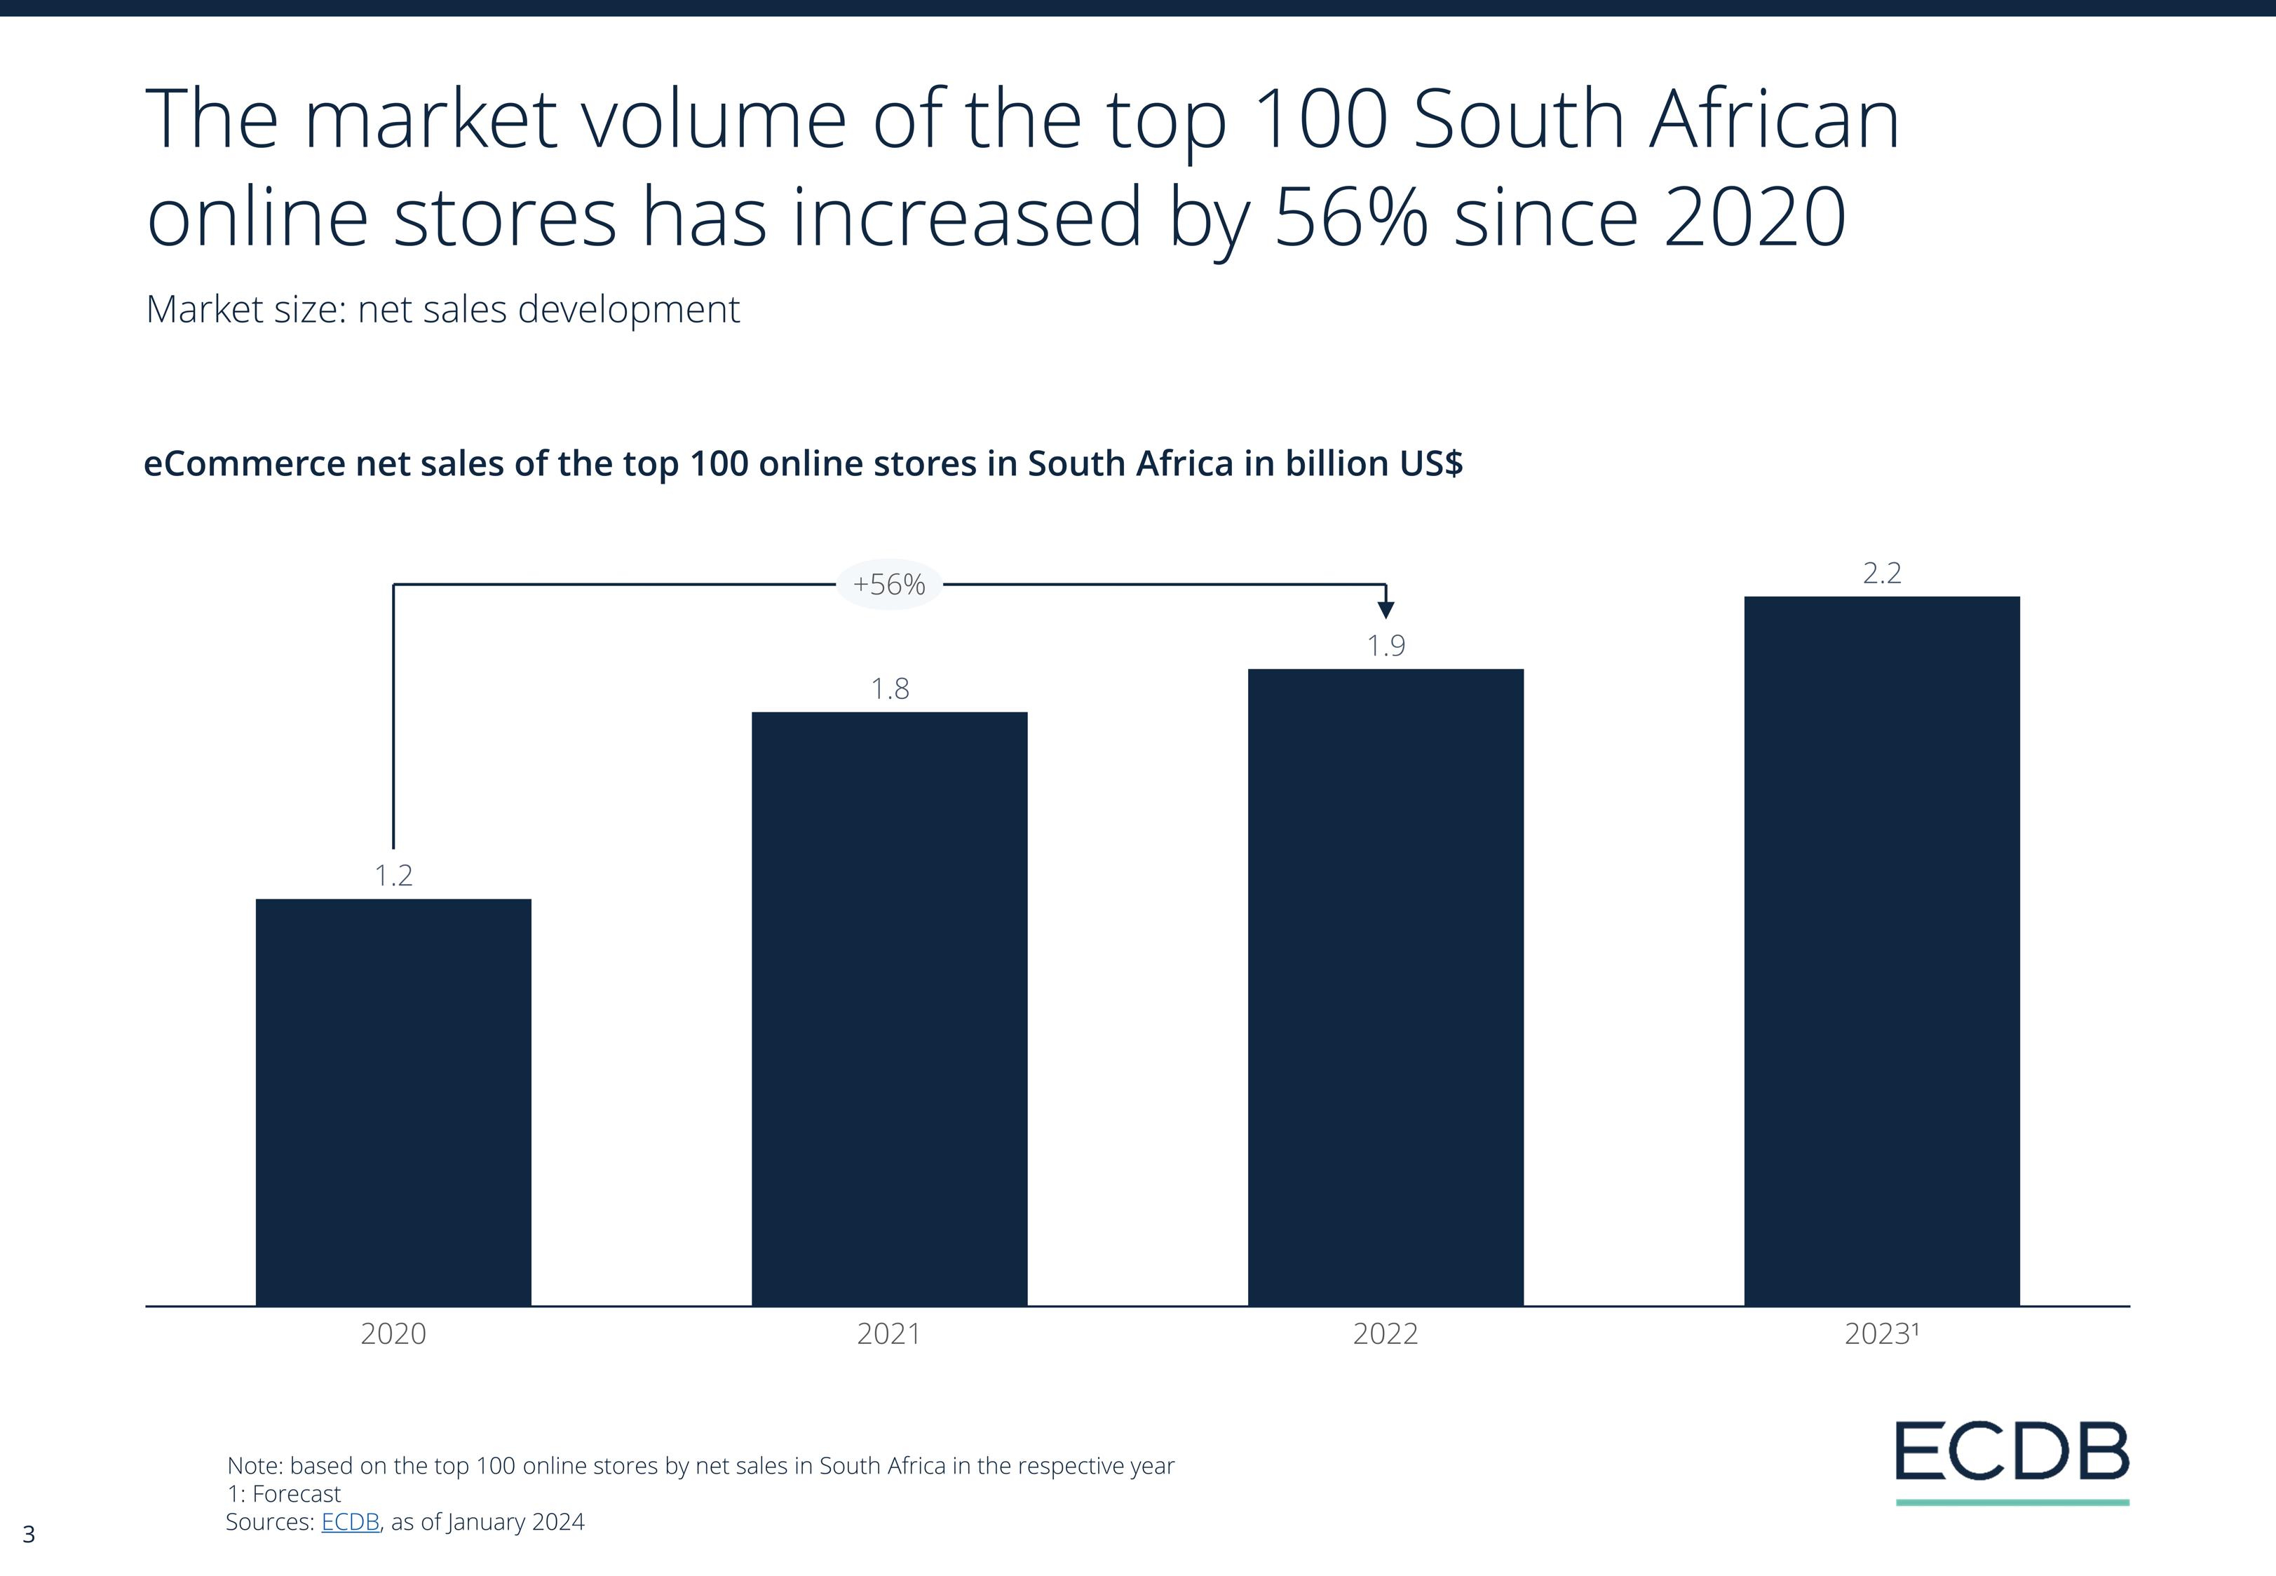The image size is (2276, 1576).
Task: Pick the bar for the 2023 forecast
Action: click(x=1881, y=950)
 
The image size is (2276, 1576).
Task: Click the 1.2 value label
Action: click(x=393, y=875)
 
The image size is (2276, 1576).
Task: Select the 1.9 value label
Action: click(x=1386, y=646)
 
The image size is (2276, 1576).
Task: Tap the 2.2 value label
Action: click(x=1881, y=573)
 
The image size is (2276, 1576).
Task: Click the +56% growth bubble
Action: click(x=888, y=585)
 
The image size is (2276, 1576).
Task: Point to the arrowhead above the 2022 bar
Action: click(x=1386, y=609)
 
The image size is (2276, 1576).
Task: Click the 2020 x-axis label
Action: click(x=393, y=1334)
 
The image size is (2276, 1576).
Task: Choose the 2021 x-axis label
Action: click(x=888, y=1334)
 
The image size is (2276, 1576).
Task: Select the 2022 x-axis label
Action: click(x=1386, y=1334)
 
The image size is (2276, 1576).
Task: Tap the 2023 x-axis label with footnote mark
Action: click(x=1881, y=1334)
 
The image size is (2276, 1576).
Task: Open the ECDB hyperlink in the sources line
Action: click(x=350, y=1522)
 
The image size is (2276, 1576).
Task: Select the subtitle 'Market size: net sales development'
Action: click(x=442, y=309)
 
